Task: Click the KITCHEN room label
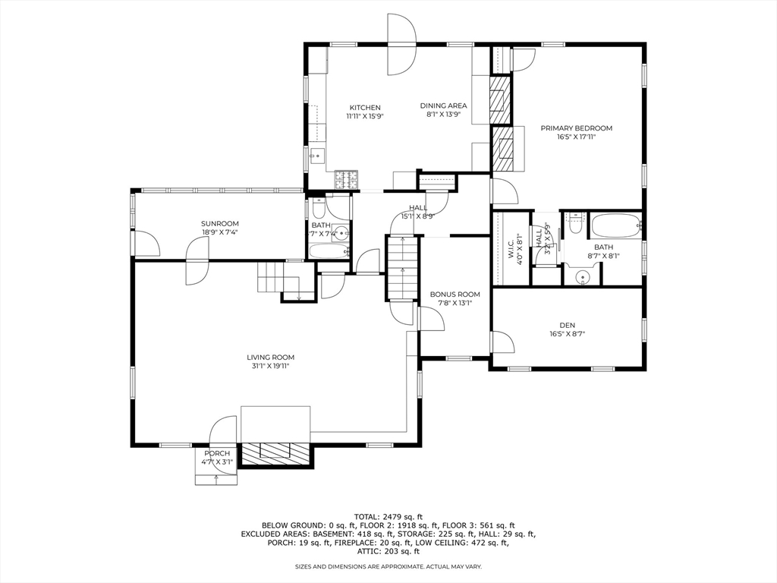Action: pos(364,108)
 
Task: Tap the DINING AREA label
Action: pos(444,106)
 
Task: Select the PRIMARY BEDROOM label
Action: pos(576,128)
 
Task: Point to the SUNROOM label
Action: pos(219,223)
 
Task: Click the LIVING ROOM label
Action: pos(270,357)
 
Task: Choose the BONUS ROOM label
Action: pos(455,295)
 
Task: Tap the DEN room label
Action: pos(567,324)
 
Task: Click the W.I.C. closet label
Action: pos(510,247)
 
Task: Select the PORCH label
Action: pos(216,453)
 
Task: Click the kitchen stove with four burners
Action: pos(348,180)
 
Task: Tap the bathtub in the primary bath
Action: pos(615,225)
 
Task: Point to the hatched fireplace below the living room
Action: pos(275,453)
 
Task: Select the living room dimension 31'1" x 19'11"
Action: pos(270,366)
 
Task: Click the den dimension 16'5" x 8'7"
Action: pos(567,333)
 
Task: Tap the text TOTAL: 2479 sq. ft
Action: pos(388,516)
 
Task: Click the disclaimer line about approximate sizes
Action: pos(388,566)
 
